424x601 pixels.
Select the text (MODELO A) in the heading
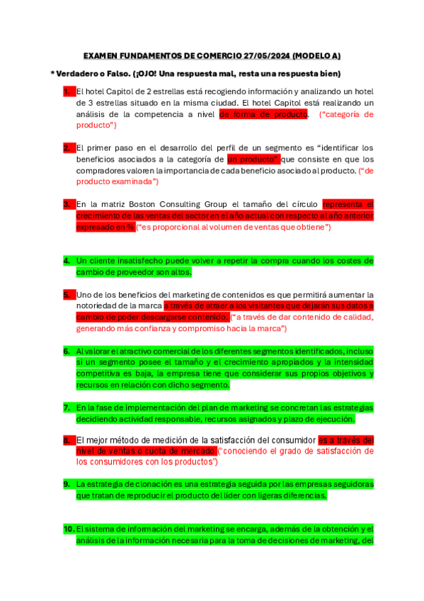pos(316,55)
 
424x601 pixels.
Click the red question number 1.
pos(67,91)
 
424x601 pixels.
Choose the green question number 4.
pos(67,260)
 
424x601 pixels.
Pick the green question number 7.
pos(67,408)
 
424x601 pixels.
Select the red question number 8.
pos(67,439)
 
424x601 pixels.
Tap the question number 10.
pos(69,529)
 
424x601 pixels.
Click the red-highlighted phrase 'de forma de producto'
pos(263,113)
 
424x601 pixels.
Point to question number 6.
pos(67,351)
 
